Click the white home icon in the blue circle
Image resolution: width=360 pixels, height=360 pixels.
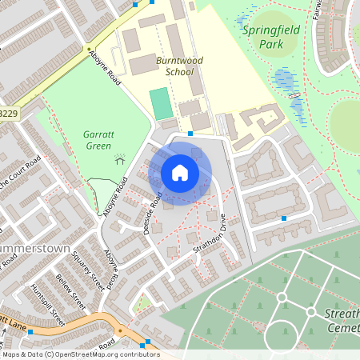(x=180, y=172)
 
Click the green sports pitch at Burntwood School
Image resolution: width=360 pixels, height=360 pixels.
(x=160, y=104)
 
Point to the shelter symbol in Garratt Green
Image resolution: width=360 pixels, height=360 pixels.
(x=120, y=158)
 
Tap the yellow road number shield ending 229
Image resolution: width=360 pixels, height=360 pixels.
(x=8, y=114)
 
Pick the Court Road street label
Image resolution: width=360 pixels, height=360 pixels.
(x=24, y=170)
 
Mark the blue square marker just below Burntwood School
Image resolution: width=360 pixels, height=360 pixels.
(x=190, y=133)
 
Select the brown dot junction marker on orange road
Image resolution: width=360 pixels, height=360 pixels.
(x=120, y=329)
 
